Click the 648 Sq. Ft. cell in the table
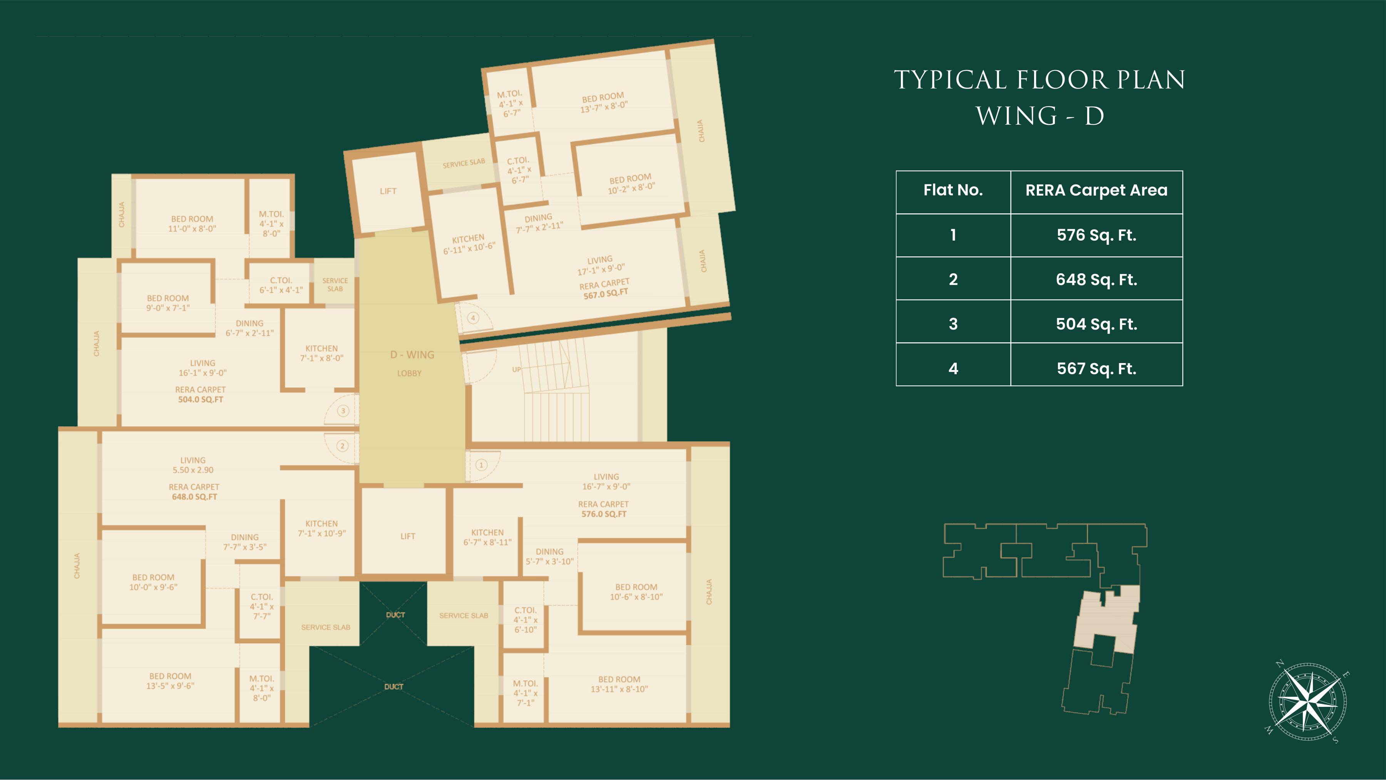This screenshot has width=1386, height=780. click(x=1096, y=279)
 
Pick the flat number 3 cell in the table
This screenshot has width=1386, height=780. click(x=953, y=324)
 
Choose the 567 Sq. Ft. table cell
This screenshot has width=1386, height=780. click(x=1096, y=368)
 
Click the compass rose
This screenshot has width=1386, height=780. click(x=1307, y=702)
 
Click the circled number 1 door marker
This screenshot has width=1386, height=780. click(x=481, y=465)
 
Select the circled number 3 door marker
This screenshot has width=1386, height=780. click(x=343, y=411)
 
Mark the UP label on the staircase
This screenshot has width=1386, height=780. click(x=517, y=370)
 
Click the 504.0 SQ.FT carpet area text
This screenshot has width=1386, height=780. click(x=201, y=400)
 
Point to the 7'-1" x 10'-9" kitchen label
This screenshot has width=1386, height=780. click(x=322, y=534)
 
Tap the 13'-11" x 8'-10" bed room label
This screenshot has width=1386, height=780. click(x=619, y=689)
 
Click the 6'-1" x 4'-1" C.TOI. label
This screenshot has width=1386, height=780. click(x=281, y=290)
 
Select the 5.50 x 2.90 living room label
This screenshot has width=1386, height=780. click(x=193, y=470)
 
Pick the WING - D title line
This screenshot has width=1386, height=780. click(x=1040, y=115)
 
